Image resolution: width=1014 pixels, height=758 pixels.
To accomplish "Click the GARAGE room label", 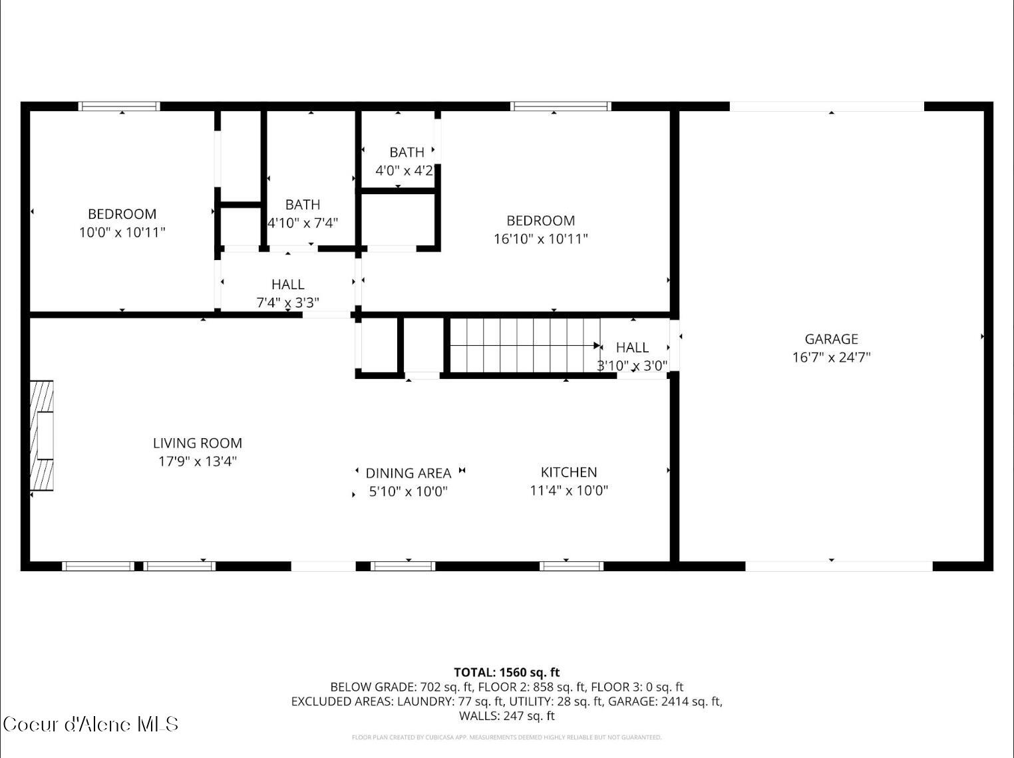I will tap(831, 339).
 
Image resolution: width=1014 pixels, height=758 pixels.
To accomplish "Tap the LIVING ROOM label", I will tap(198, 443).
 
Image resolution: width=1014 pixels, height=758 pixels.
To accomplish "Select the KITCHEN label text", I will tap(569, 472).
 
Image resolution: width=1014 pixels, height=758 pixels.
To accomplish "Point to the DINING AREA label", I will tap(409, 473).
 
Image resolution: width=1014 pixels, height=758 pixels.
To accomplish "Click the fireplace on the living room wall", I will tap(42, 436).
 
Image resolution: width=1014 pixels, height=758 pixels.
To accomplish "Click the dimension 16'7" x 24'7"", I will tap(831, 357).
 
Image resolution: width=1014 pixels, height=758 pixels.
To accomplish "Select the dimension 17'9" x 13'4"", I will tap(198, 461).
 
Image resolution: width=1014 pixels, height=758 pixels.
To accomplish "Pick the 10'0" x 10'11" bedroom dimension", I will tap(122, 232).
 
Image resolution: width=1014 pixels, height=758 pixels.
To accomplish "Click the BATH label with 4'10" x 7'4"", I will tap(303, 205).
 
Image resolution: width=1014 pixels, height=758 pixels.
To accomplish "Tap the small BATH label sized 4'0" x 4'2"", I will tap(407, 152).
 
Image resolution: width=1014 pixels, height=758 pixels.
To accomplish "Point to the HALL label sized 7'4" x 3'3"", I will tap(288, 285).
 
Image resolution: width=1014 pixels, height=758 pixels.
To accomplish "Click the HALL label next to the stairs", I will tap(632, 348).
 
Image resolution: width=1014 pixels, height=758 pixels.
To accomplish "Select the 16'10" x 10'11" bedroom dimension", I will tap(540, 239).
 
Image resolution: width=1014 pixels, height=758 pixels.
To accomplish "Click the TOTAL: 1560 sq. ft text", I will tap(507, 672).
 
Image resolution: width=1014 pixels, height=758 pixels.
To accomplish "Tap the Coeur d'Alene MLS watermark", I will tap(90, 724).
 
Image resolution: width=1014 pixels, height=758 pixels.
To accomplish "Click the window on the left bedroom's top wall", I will tap(120, 106).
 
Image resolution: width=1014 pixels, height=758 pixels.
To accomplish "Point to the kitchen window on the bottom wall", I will tap(572, 567).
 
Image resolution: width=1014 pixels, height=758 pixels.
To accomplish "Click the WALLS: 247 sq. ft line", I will tap(507, 716).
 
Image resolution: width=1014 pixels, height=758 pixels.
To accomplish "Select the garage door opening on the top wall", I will tap(827, 106).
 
